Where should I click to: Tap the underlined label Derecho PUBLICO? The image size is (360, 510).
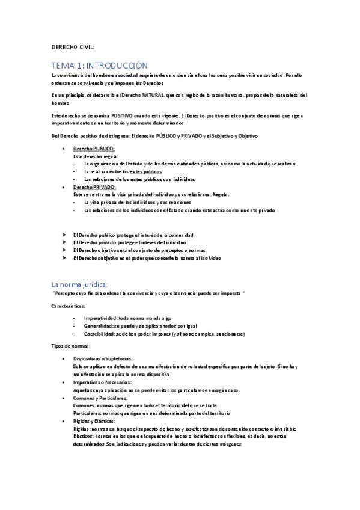click(94, 148)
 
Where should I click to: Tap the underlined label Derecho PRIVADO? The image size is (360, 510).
click(94, 187)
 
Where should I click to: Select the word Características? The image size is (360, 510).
click(69, 306)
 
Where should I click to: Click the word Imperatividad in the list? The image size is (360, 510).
click(100, 318)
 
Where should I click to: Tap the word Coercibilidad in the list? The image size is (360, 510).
click(100, 334)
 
